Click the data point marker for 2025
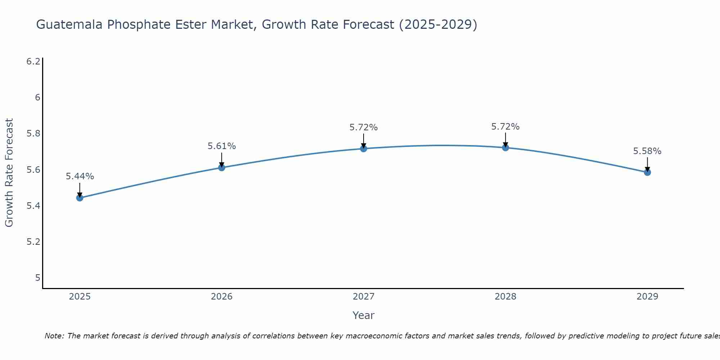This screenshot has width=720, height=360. [x=80, y=198]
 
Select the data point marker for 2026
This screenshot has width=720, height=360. [x=221, y=167]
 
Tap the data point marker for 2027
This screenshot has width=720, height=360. [x=364, y=148]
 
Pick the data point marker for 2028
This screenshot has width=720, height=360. [x=505, y=148]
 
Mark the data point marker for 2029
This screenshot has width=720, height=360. [x=647, y=172]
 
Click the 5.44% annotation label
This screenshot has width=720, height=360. [x=80, y=176]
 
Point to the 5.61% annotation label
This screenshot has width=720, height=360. [x=221, y=146]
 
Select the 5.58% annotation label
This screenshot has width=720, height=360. [x=647, y=151]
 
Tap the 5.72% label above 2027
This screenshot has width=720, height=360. [x=364, y=127]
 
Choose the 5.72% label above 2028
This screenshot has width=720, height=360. [x=505, y=127]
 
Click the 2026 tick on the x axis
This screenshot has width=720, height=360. [x=221, y=297]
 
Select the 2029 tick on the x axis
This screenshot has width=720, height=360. [x=647, y=297]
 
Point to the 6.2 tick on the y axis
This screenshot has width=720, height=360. [x=33, y=62]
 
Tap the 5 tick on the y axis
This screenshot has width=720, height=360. [x=37, y=278]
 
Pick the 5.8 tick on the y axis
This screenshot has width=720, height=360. [x=33, y=134]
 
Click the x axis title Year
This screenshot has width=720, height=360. [x=363, y=315]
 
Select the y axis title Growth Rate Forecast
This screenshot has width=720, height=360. [x=9, y=172]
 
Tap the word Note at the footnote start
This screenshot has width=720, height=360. [x=54, y=336]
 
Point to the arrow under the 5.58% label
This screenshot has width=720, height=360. [x=647, y=164]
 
